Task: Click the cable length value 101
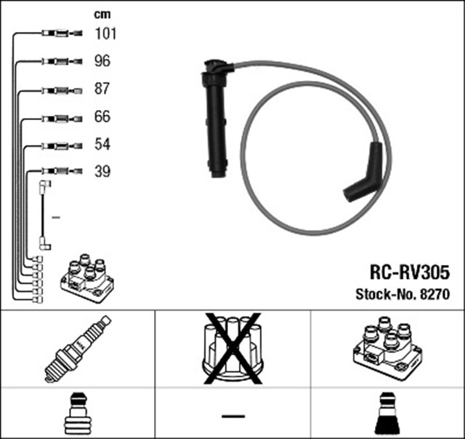point(105,33)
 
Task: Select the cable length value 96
point(102,61)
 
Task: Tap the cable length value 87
point(102,89)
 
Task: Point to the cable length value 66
point(102,116)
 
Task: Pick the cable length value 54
point(102,144)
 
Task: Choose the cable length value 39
point(102,172)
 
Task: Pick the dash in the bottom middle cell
point(232,415)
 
